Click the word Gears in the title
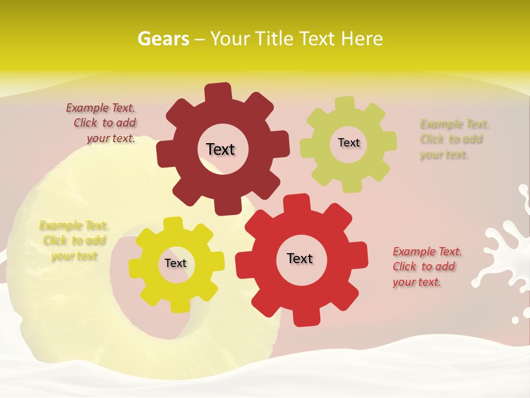(x=163, y=39)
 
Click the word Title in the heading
(x=275, y=39)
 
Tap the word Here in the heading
(x=362, y=39)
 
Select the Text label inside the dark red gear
(x=220, y=149)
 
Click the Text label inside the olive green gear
(x=348, y=143)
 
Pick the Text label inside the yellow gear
(x=176, y=263)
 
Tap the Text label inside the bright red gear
(x=300, y=258)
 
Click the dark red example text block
(x=103, y=123)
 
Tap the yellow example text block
(x=73, y=240)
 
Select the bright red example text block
(x=427, y=266)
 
